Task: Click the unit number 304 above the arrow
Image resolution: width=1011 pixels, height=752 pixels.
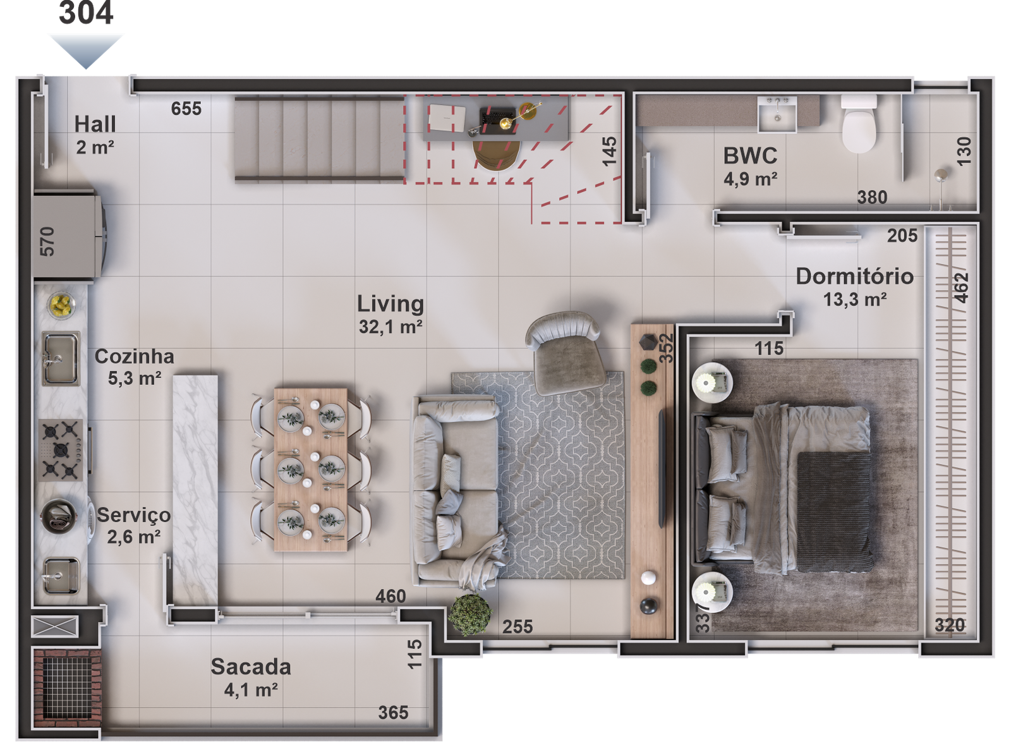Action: (87, 13)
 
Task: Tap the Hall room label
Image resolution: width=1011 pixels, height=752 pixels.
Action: (95, 124)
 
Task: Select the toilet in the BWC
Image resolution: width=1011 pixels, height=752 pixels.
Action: (859, 126)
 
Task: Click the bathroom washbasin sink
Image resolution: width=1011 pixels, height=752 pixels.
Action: (778, 114)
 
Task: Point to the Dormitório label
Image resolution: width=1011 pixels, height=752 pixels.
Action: (854, 276)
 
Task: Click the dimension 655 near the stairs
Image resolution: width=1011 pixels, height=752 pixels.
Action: (186, 109)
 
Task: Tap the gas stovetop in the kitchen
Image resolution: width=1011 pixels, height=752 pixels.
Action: (61, 450)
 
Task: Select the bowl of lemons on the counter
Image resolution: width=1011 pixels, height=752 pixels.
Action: (61, 305)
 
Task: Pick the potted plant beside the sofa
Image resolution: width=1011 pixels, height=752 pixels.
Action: (470, 612)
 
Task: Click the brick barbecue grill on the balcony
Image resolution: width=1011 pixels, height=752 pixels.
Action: (66, 684)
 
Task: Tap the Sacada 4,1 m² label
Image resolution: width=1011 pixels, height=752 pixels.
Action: (251, 677)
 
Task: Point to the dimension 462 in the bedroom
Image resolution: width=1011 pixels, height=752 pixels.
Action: (961, 288)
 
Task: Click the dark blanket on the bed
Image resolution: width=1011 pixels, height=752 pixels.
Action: (834, 511)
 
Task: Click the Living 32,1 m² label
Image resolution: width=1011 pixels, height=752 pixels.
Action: (390, 313)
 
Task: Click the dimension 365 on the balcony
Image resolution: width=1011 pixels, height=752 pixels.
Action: (393, 713)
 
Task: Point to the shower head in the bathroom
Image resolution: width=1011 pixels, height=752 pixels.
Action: (941, 175)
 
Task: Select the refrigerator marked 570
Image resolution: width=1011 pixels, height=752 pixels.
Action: (66, 235)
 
